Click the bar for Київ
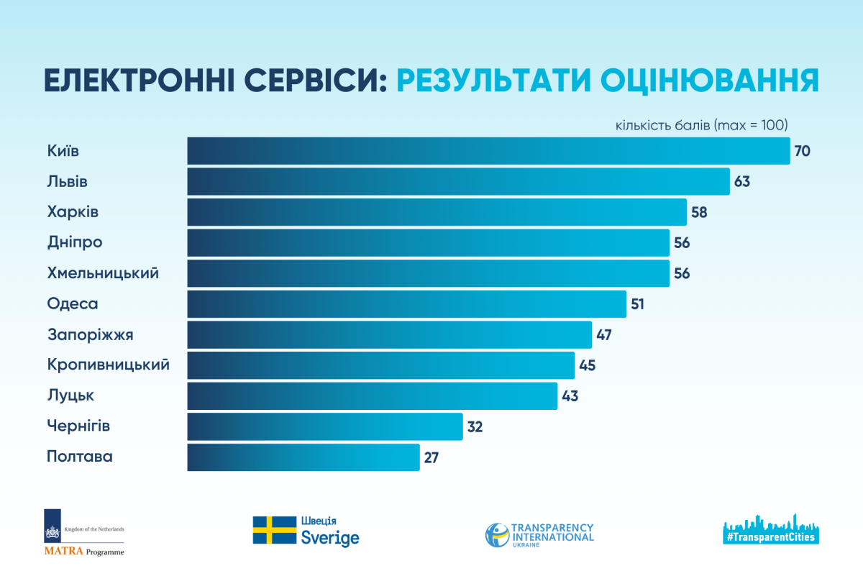tap(488, 151)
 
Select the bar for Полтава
tap(303, 457)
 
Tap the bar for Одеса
tap(406, 304)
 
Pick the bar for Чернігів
tap(324, 426)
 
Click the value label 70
tap(803, 151)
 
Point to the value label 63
tap(742, 182)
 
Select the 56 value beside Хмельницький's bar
tap(682, 274)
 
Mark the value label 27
tap(431, 457)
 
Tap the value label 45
tap(587, 365)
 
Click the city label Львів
tap(68, 182)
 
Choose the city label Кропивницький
tap(109, 365)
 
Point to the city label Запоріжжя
tap(91, 335)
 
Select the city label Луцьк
tap(70, 396)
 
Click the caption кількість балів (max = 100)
tap(702, 125)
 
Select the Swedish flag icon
tap(274, 530)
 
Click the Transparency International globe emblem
tap(496, 534)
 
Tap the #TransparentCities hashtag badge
tap(771, 536)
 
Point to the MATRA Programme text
tap(83, 552)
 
